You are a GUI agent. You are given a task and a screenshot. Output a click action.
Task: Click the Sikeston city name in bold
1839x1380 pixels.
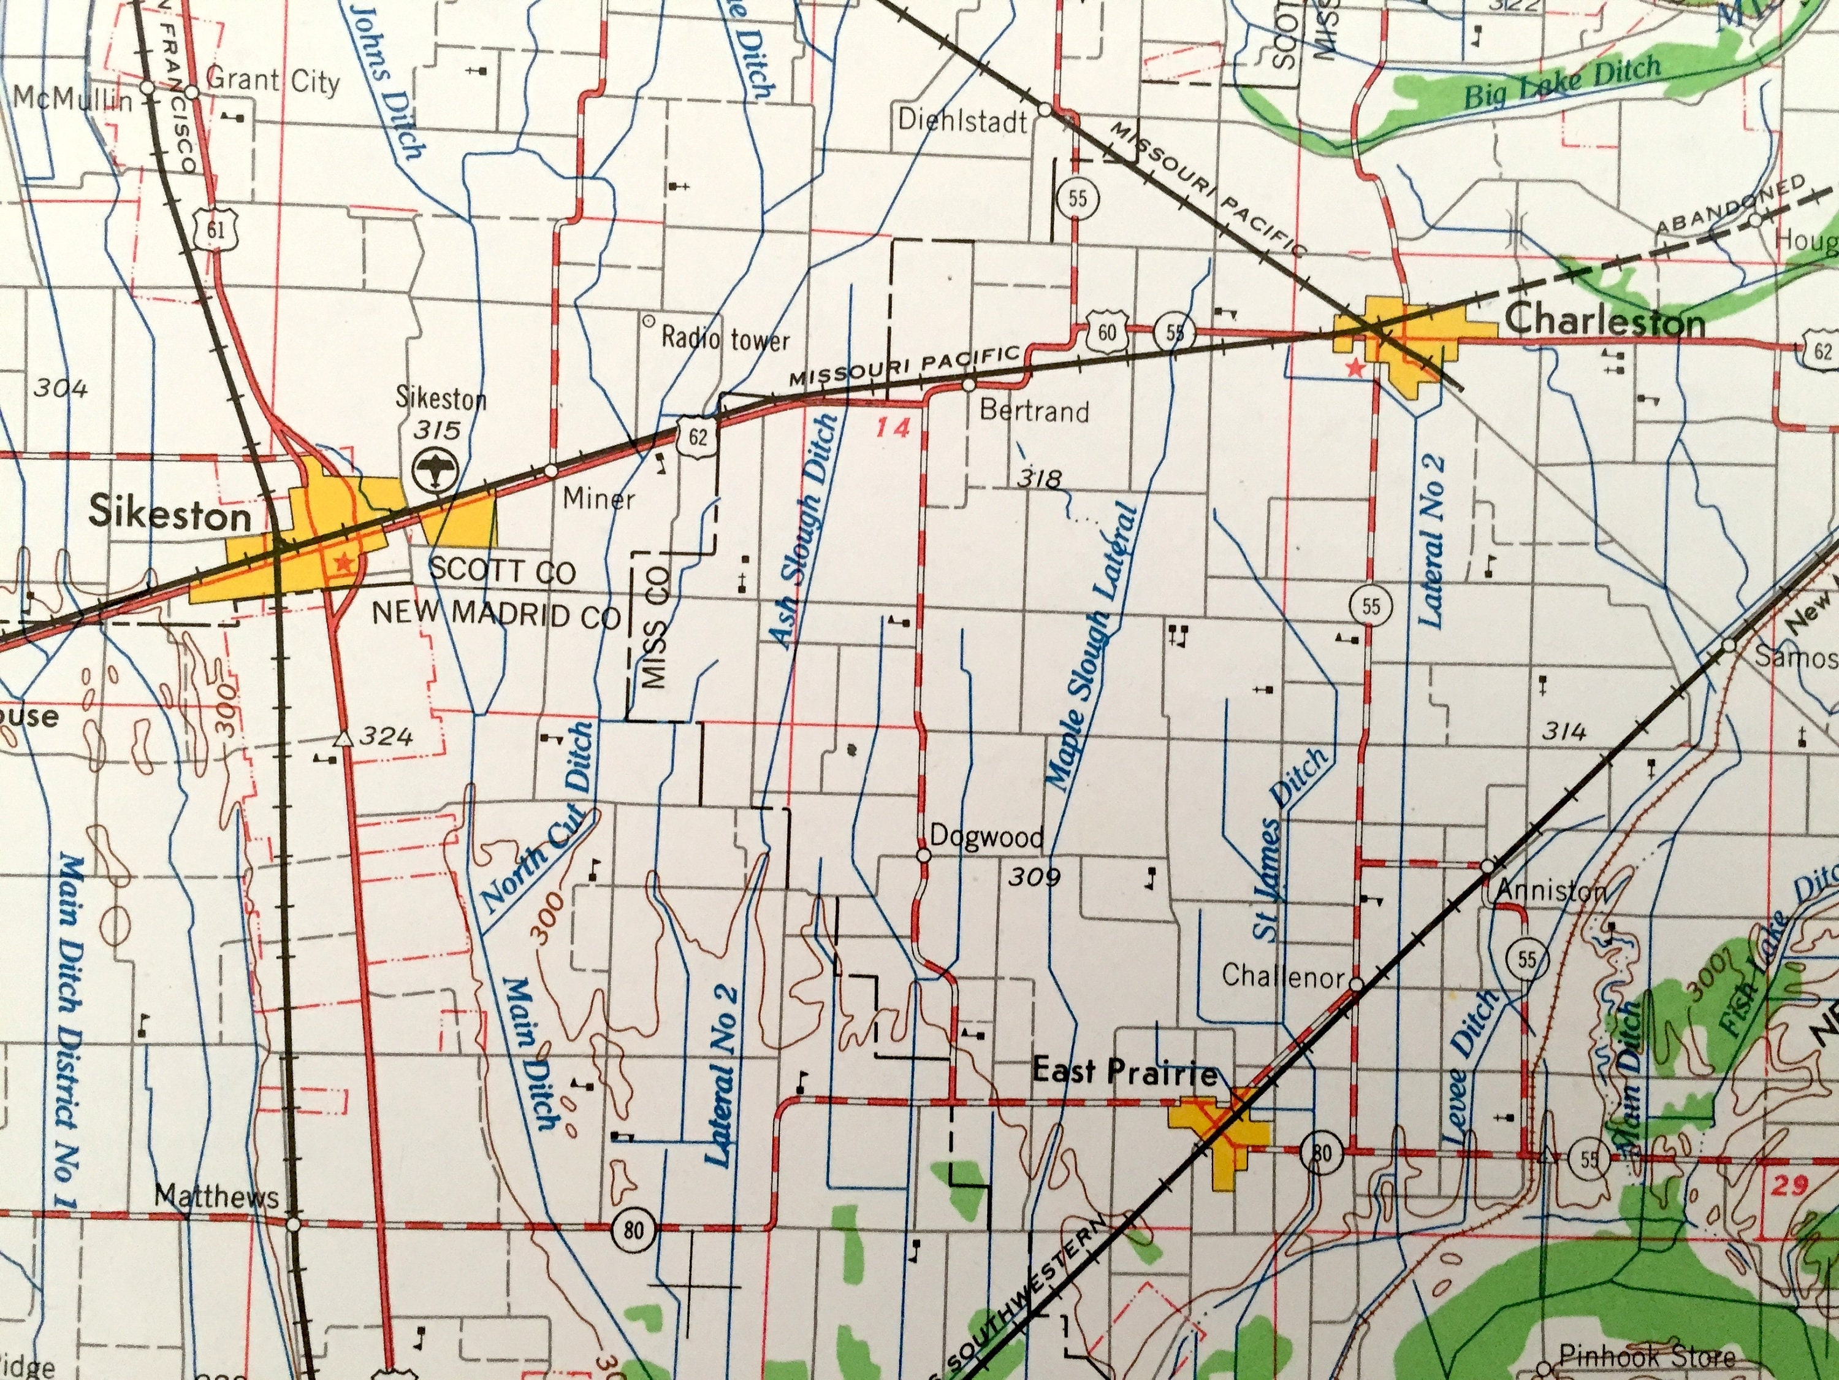pyautogui.click(x=170, y=514)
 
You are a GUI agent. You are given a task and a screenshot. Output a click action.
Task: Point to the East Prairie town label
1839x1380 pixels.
pyautogui.click(x=1124, y=1073)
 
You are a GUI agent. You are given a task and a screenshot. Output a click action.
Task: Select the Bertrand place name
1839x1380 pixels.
pyautogui.click(x=1034, y=411)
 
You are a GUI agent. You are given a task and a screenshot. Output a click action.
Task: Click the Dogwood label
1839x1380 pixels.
pyautogui.click(x=986, y=836)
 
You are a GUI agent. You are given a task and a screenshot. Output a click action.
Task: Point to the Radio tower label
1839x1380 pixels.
pyautogui.click(x=724, y=339)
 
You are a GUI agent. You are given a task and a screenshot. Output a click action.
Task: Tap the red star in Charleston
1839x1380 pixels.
pyautogui.click(x=1356, y=367)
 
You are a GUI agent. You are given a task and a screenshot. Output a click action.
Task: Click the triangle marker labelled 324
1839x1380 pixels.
pyautogui.click(x=341, y=738)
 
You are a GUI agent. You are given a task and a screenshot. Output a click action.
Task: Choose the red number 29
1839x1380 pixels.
pyautogui.click(x=1788, y=1186)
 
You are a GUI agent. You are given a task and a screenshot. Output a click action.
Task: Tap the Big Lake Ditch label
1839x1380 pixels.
pyautogui.click(x=1561, y=84)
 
